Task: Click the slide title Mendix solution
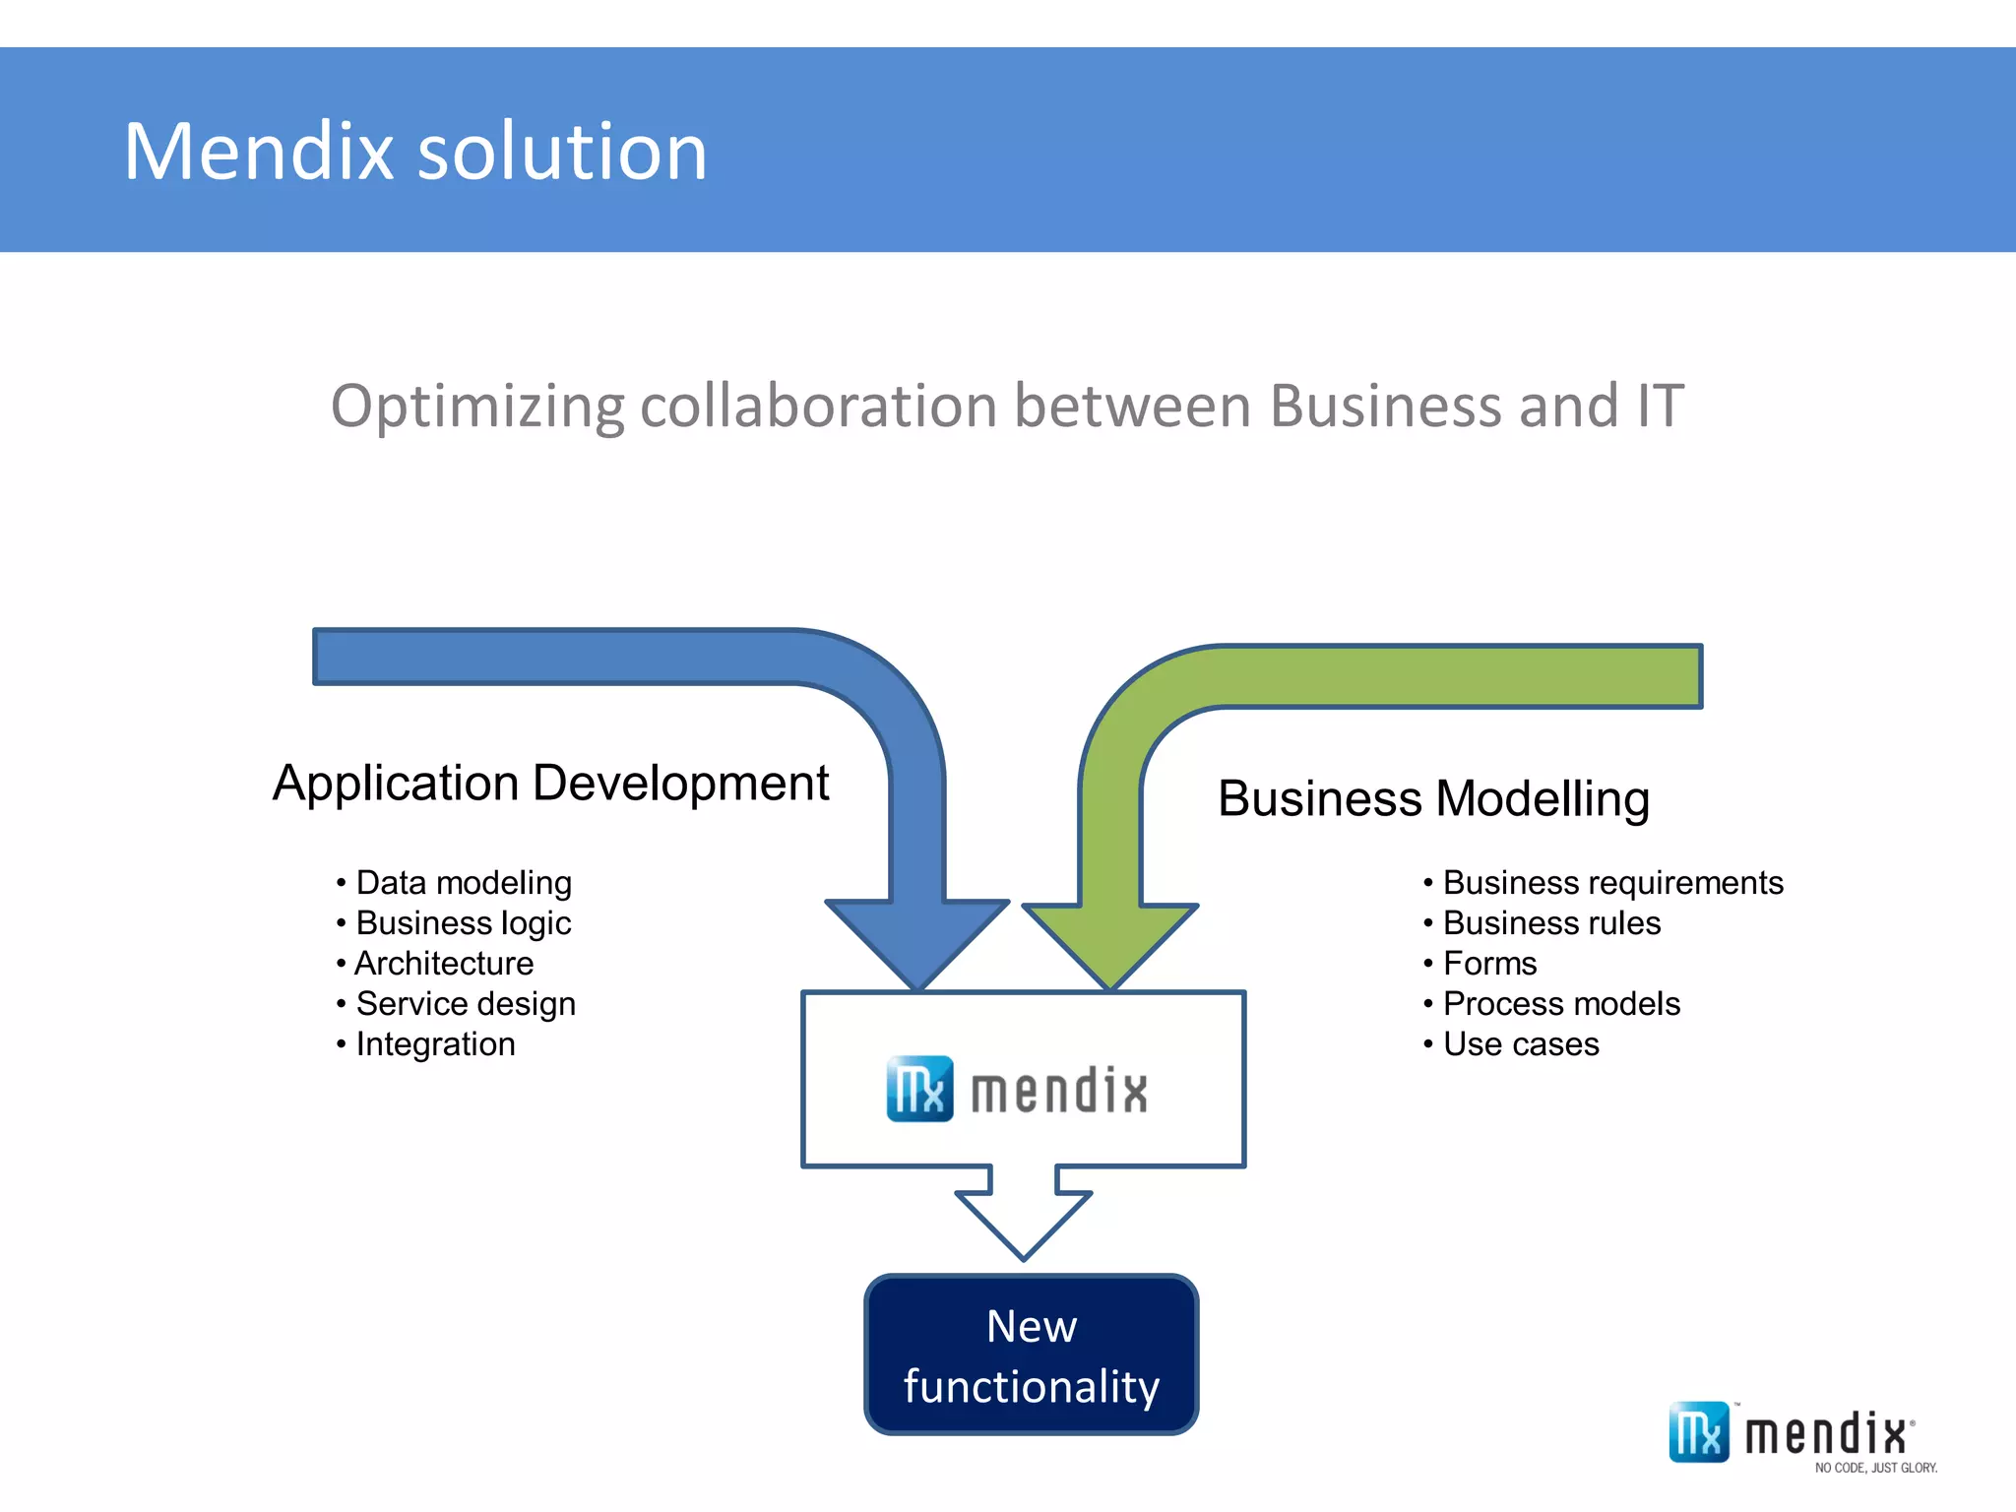(x=414, y=152)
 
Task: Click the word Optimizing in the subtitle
(x=476, y=407)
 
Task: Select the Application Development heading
(x=550, y=784)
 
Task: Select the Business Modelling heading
(x=1433, y=798)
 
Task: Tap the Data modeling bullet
(x=463, y=883)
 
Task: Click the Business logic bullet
(x=463, y=923)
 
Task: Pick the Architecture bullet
(x=443, y=964)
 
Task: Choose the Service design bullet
(x=465, y=1004)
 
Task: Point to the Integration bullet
(x=435, y=1044)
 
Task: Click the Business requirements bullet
(x=1611, y=883)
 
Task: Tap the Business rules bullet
(x=1550, y=923)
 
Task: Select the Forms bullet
(x=1488, y=964)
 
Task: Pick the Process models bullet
(x=1560, y=1004)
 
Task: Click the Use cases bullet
(x=1520, y=1044)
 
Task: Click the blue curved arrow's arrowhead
(x=917, y=940)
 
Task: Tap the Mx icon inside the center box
(x=919, y=1089)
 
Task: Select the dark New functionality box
(x=1031, y=1354)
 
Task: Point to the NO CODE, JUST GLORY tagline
(x=1875, y=1468)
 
